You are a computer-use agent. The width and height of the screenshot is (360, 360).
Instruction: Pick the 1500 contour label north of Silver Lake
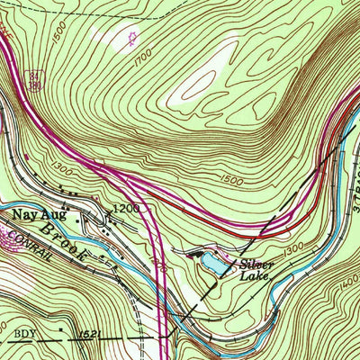click(x=231, y=182)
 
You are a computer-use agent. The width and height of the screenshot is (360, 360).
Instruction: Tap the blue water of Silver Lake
click(x=213, y=264)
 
